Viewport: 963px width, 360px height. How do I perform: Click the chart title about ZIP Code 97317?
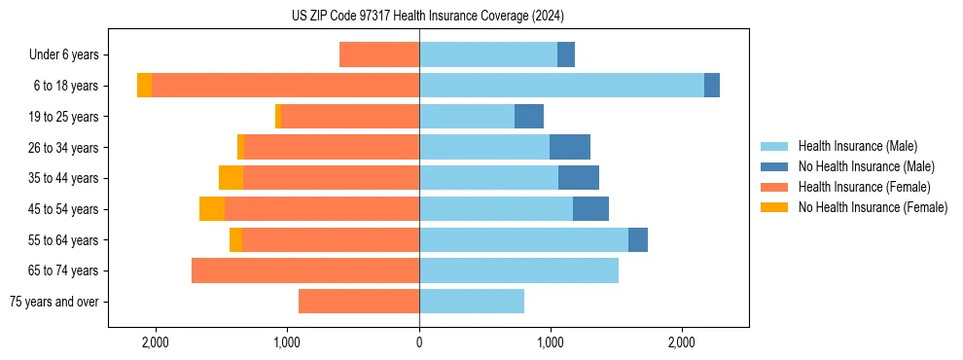pos(427,17)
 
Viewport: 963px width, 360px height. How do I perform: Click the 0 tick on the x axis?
pos(419,342)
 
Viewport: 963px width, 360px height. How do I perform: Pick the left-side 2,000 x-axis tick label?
pos(156,342)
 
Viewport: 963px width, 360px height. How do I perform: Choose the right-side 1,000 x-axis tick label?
pos(551,342)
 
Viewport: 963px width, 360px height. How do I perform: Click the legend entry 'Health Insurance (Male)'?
pos(857,146)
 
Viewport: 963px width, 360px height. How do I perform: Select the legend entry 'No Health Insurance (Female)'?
pos(873,207)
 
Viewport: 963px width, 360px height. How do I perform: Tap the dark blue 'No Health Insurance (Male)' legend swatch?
pos(774,166)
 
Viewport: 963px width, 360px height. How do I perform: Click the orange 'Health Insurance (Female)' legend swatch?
pos(774,187)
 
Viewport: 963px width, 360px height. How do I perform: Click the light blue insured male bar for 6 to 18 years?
pos(561,86)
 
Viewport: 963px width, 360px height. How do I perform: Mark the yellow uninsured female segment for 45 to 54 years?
pos(212,209)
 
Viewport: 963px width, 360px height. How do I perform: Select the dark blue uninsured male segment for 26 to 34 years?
pos(570,147)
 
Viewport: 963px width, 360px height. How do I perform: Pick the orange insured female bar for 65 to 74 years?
pos(305,270)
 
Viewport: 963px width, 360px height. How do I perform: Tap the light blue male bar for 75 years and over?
pos(472,302)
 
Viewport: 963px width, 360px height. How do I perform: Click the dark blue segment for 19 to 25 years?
pos(529,117)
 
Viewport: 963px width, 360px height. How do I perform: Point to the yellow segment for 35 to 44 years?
pos(231,178)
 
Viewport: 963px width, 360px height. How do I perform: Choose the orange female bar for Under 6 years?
pos(379,54)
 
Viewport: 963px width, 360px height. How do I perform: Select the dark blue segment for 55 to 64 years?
pos(638,240)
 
